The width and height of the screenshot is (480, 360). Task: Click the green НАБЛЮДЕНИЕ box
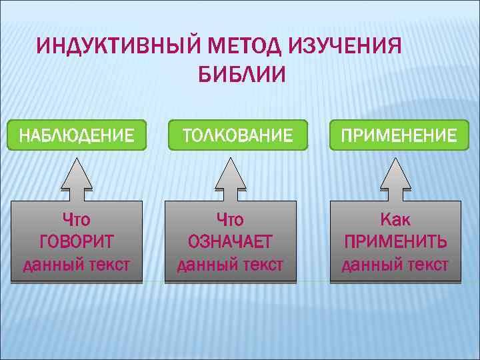click(76, 135)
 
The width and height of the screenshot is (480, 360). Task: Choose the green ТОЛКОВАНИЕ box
click(238, 135)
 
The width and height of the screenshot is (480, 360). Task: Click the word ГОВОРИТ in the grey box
click(76, 241)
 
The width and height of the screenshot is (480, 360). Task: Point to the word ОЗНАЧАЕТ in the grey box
click(230, 241)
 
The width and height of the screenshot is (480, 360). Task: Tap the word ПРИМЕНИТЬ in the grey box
click(395, 241)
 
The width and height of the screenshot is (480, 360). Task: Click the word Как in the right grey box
click(395, 219)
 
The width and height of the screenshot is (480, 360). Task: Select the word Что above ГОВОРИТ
click(76, 219)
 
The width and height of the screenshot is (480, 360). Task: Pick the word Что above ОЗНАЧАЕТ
click(230, 219)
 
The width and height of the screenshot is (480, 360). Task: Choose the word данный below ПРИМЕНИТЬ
click(368, 265)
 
